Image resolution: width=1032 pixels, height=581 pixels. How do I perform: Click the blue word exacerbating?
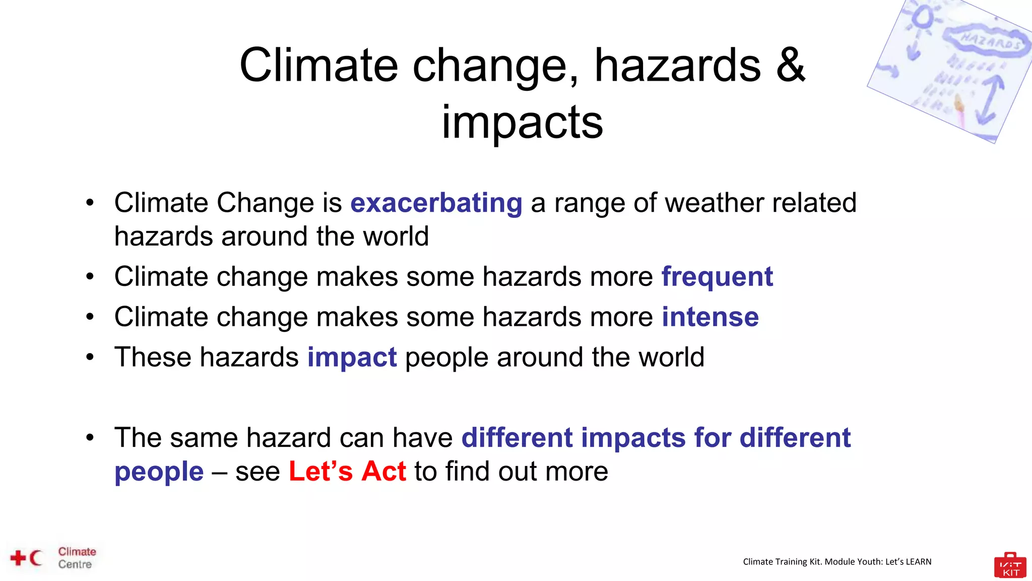(x=436, y=203)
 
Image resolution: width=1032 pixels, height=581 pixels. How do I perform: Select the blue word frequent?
(x=717, y=277)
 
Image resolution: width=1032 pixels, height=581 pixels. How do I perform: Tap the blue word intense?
(x=709, y=317)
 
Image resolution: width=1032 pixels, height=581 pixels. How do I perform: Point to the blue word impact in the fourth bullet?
(x=352, y=358)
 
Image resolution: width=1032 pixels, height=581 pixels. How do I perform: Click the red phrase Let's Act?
(x=347, y=472)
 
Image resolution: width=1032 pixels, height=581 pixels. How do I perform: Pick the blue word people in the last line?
(x=159, y=472)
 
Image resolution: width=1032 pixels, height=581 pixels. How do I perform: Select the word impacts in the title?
(x=522, y=122)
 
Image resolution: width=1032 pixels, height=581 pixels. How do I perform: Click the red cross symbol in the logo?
(x=18, y=558)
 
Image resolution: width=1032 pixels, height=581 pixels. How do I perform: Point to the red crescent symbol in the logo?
(x=36, y=558)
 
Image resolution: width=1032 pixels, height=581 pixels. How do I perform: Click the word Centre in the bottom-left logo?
(x=75, y=564)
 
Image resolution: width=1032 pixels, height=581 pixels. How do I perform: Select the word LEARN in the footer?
(x=918, y=562)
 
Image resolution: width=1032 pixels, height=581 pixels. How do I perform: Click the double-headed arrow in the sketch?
(x=989, y=99)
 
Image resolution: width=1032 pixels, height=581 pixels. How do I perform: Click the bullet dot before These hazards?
(x=90, y=357)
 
